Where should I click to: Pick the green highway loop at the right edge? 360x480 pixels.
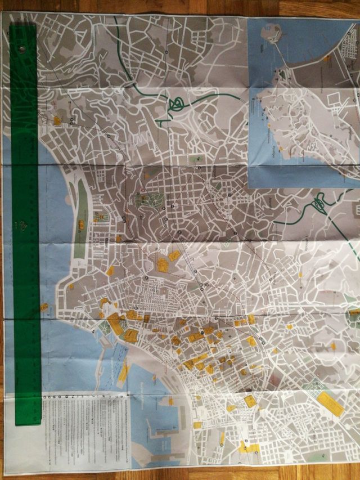click(321, 200)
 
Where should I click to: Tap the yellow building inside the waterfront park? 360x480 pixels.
click(81, 225)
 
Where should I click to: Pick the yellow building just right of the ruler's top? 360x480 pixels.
click(56, 120)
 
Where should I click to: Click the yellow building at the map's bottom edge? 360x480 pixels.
click(247, 448)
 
